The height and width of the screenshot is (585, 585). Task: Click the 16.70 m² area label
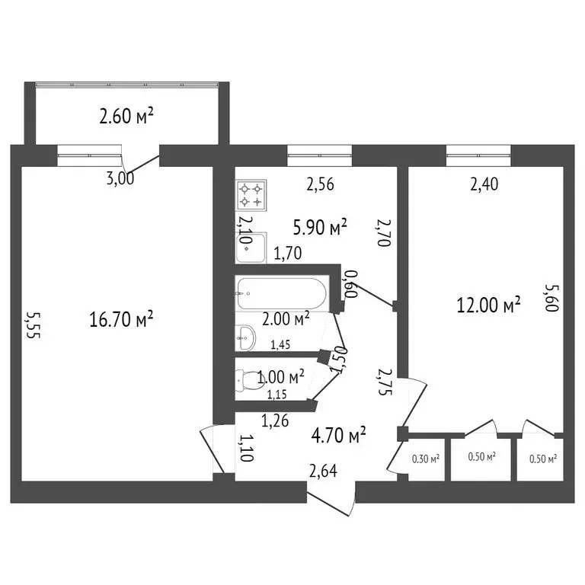[x=121, y=319]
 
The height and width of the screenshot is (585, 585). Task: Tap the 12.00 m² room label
[x=488, y=305]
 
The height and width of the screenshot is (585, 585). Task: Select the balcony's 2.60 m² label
[x=126, y=116]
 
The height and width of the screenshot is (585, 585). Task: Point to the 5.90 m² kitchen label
[x=320, y=227]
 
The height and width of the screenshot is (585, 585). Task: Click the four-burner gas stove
[x=251, y=196]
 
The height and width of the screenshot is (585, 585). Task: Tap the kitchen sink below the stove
[x=251, y=248]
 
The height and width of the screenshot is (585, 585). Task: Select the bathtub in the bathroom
[x=282, y=293]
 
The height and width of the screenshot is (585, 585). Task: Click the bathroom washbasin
[x=245, y=338]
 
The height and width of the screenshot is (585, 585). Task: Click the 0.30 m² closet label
[x=426, y=459]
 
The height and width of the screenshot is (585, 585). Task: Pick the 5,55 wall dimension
[x=33, y=325]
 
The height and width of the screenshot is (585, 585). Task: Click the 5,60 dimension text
[x=552, y=298]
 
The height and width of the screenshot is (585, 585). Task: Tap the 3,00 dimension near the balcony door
[x=120, y=178]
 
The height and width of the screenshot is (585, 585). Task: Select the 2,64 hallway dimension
[x=323, y=471]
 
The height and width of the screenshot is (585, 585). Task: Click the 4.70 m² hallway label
[x=338, y=436]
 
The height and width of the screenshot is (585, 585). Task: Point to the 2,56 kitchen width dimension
[x=320, y=184]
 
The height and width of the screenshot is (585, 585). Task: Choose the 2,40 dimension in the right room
[x=484, y=184]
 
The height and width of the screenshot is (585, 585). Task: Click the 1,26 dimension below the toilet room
[x=275, y=420]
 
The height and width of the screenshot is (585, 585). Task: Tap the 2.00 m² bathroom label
[x=286, y=319]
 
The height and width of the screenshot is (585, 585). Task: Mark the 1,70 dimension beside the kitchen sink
[x=288, y=254]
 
